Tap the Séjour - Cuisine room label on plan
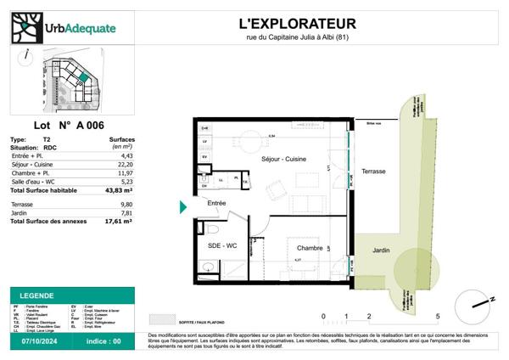(283, 159)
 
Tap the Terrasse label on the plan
(372, 171)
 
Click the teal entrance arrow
(183, 206)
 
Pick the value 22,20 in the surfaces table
(124, 162)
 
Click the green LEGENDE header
(35, 293)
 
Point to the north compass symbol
(471, 304)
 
